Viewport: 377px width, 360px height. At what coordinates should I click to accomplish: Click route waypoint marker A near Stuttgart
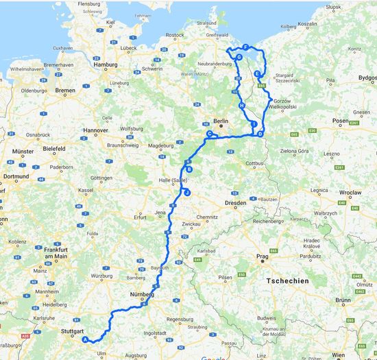click(x=85, y=339)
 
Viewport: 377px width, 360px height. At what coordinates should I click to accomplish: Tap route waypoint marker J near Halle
click(x=186, y=193)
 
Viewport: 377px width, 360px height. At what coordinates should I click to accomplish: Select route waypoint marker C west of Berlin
click(x=210, y=134)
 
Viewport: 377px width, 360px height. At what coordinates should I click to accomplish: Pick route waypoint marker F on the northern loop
click(x=245, y=47)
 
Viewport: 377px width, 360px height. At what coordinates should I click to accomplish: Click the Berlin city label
click(x=220, y=121)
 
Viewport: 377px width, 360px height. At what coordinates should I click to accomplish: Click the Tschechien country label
click(x=289, y=280)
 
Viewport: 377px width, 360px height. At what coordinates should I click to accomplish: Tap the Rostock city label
click(x=175, y=34)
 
